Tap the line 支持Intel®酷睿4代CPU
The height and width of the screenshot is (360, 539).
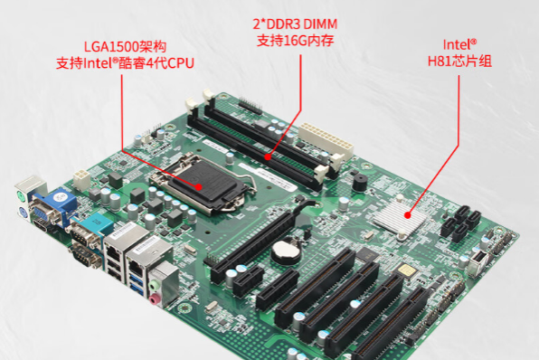[125, 62]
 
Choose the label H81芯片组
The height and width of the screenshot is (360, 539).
[459, 62]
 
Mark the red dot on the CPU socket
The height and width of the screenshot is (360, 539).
[201, 186]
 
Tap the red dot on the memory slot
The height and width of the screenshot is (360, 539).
[269, 156]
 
